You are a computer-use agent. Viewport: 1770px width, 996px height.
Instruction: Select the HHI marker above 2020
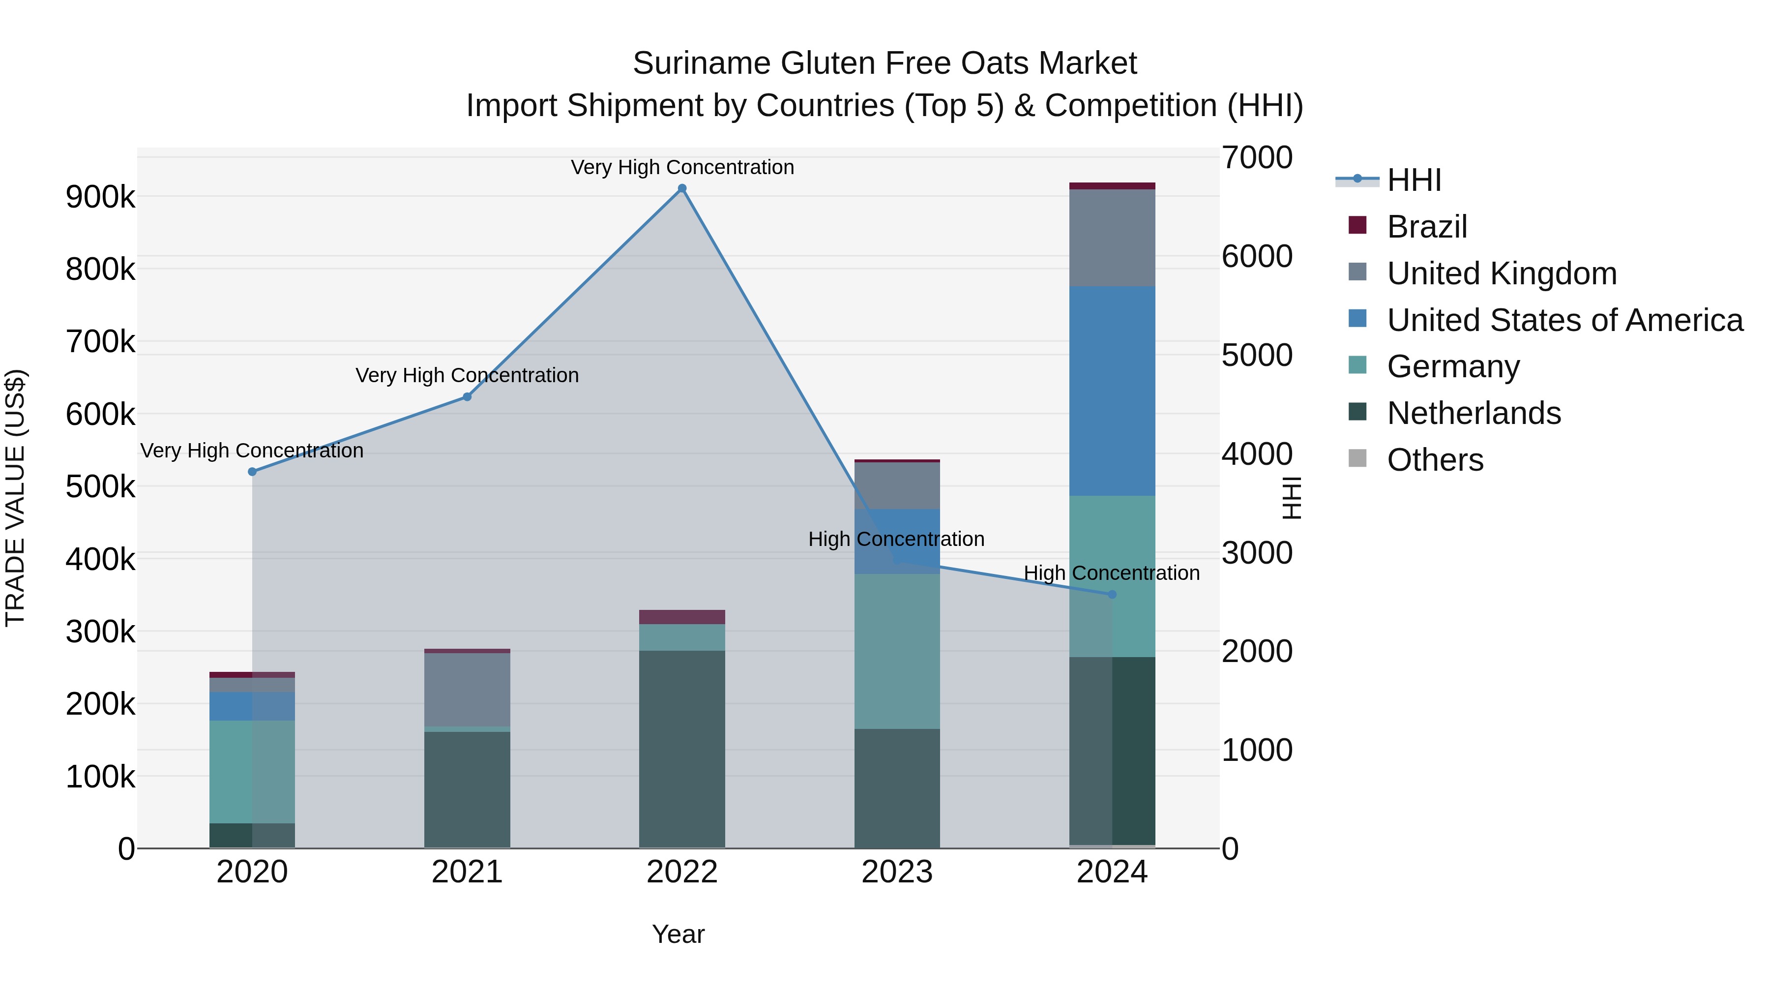pyautogui.click(x=252, y=472)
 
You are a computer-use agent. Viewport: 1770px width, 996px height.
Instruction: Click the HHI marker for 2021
pyautogui.click(x=467, y=396)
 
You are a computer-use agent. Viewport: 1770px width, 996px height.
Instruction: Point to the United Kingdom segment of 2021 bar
pyautogui.click(x=467, y=690)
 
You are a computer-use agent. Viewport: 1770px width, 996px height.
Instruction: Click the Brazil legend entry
pyautogui.click(x=1426, y=227)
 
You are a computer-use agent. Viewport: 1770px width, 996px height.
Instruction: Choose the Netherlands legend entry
pyautogui.click(x=1473, y=413)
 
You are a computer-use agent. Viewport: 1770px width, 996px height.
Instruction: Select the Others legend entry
pyautogui.click(x=1435, y=460)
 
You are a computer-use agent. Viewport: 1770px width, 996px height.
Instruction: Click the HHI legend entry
pyautogui.click(x=1414, y=180)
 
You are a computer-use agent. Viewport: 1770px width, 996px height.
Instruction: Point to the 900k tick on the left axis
pyautogui.click(x=100, y=197)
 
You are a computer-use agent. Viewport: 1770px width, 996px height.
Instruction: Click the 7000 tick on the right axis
pyautogui.click(x=1257, y=157)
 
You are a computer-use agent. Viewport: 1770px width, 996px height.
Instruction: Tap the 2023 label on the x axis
pyautogui.click(x=897, y=872)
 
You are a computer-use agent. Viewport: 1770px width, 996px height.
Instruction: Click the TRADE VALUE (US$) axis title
pyautogui.click(x=15, y=498)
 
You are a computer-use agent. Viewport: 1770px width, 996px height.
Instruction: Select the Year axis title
pyautogui.click(x=678, y=934)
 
